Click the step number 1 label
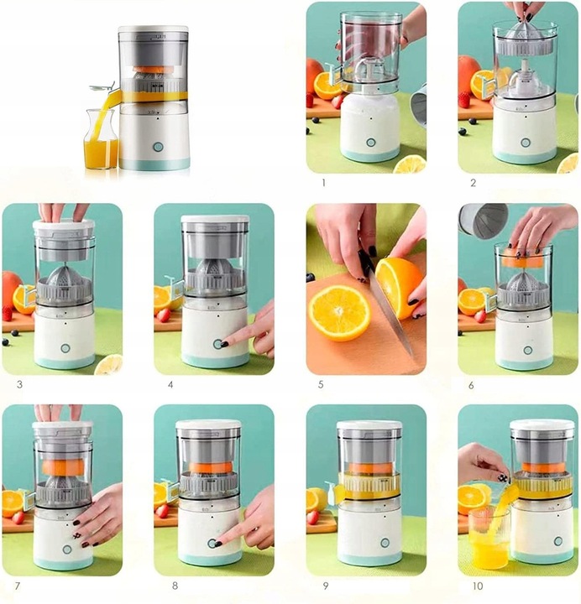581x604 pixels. (323, 183)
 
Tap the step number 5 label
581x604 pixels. (321, 384)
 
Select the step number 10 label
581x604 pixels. (478, 586)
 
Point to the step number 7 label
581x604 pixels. (18, 586)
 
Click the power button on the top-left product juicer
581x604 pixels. (158, 147)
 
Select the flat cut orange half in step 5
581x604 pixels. (340, 312)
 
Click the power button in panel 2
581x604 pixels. (525, 143)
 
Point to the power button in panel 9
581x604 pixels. (385, 543)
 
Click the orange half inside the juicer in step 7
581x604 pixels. (63, 467)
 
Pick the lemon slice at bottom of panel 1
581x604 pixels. (410, 164)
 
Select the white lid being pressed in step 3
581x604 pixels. (64, 226)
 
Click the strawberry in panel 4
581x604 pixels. (164, 315)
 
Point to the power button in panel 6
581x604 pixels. (527, 351)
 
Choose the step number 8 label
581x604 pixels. (175, 586)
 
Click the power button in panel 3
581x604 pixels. (65, 349)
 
